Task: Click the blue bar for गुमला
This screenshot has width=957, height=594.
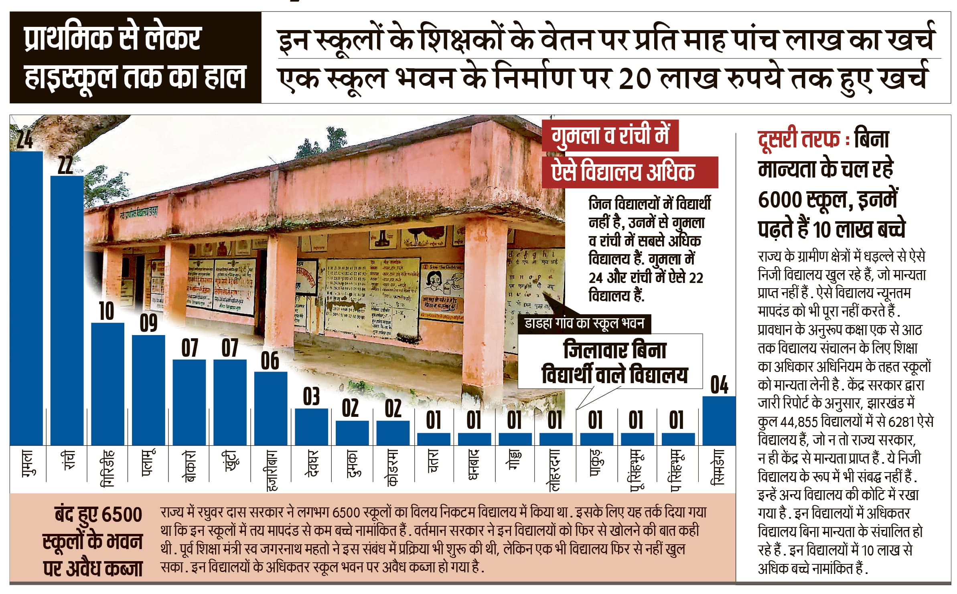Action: pos(26,298)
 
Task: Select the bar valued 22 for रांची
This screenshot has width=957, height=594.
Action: pos(67,310)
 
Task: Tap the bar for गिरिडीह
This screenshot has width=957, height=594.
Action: pos(107,384)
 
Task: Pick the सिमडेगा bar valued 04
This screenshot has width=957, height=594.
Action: pos(719,420)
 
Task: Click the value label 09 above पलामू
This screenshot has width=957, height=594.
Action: pos(148,324)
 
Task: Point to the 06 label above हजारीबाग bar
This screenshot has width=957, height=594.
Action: pos(270,361)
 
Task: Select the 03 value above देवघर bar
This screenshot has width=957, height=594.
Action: pos(311,397)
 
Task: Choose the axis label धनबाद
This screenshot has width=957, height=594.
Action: pos(474,465)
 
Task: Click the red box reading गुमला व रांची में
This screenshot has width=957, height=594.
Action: pos(610,135)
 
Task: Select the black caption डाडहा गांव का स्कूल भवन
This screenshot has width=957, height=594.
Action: pos(584,323)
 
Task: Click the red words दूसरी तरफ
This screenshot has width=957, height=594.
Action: pos(798,139)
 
